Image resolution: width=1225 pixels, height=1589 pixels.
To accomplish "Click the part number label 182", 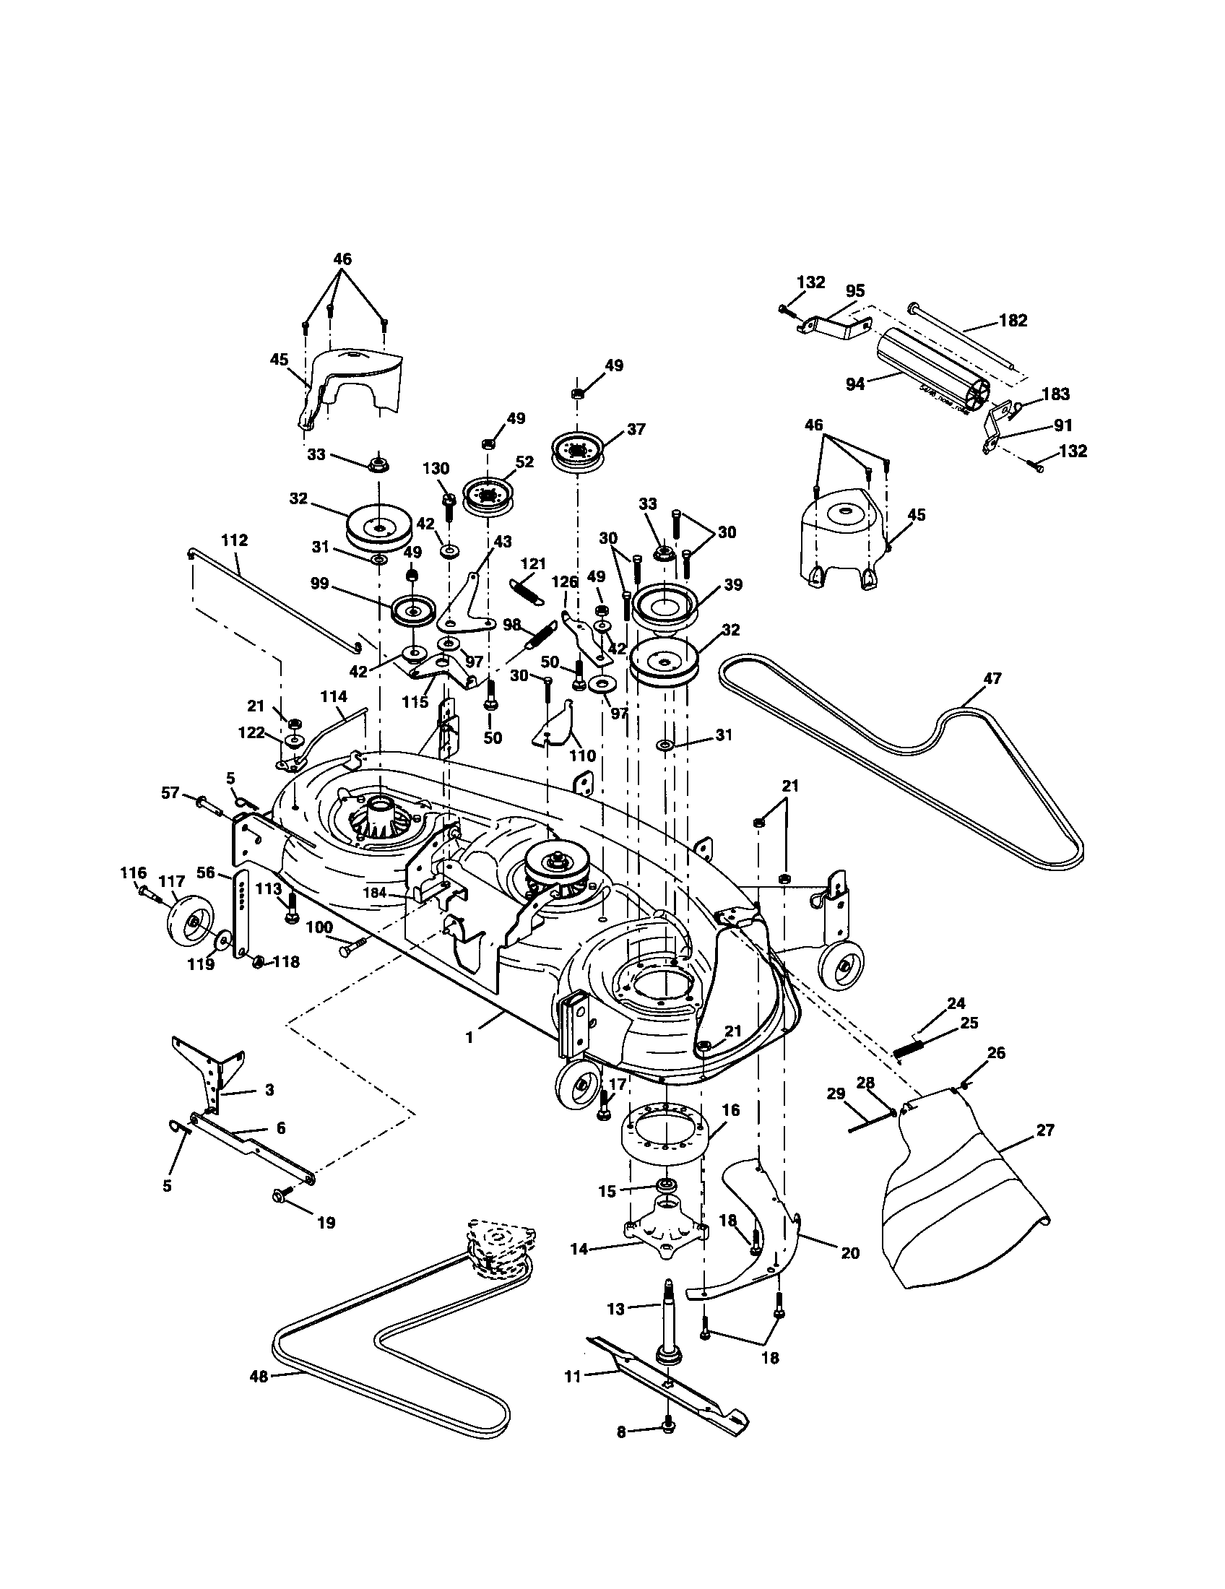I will (1013, 320).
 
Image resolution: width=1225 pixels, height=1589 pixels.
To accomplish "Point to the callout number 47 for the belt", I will (992, 678).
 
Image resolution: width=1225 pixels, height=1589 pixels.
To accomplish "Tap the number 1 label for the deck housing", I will (470, 1038).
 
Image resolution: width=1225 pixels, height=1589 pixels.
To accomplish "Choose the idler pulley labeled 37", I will (579, 452).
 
